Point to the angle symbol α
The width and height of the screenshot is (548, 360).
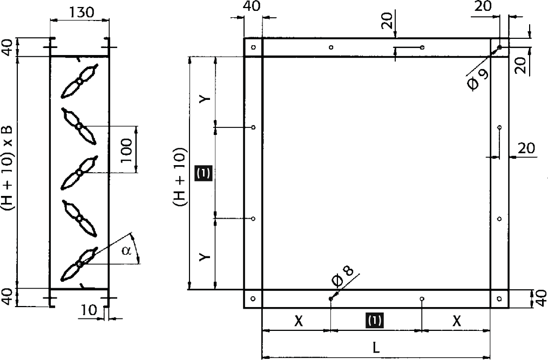click(x=127, y=251)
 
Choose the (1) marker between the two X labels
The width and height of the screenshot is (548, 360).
click(x=375, y=320)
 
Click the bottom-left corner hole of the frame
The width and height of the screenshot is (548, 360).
click(x=253, y=298)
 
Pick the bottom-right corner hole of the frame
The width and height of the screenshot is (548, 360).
click(x=499, y=298)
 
